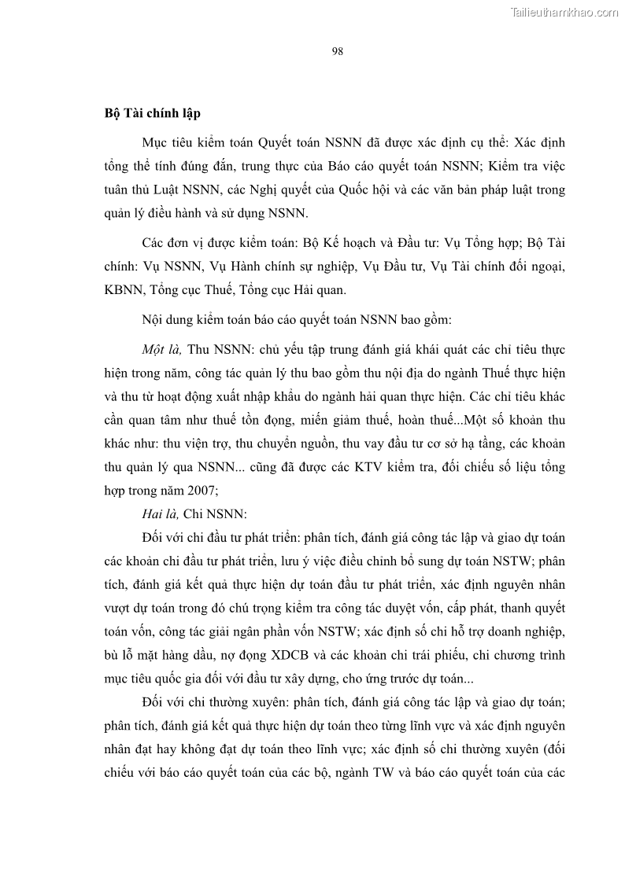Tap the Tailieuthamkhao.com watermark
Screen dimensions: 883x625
(564, 12)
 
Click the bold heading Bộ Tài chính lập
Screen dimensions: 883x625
(153, 113)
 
